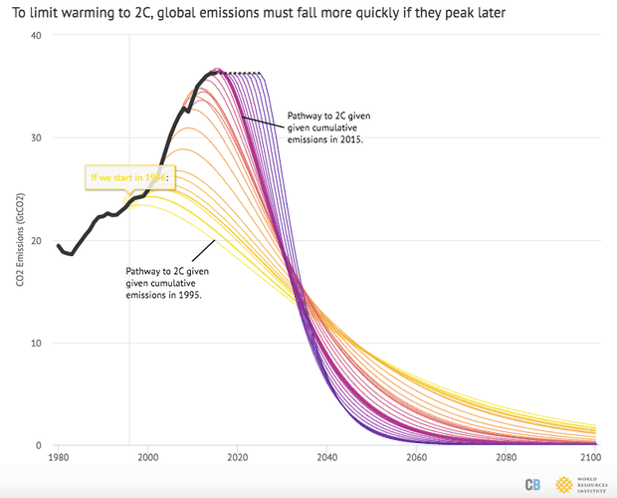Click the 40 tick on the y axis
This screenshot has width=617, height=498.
[x=37, y=35]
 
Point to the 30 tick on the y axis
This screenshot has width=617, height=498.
[x=37, y=137]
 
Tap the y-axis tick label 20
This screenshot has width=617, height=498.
[x=37, y=241]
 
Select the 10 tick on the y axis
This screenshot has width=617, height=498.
[x=37, y=344]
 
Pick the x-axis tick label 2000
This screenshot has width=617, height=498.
[x=147, y=458]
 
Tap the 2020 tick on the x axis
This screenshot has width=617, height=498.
[x=237, y=458]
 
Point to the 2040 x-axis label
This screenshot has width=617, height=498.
[x=326, y=458]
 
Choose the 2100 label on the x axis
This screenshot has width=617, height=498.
[x=592, y=458]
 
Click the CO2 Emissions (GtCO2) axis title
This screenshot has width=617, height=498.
[x=20, y=241]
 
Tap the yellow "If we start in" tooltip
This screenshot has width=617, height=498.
[x=130, y=178]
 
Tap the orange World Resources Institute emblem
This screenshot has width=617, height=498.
[x=564, y=484]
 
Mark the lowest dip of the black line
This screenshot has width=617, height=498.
[x=71, y=254]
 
